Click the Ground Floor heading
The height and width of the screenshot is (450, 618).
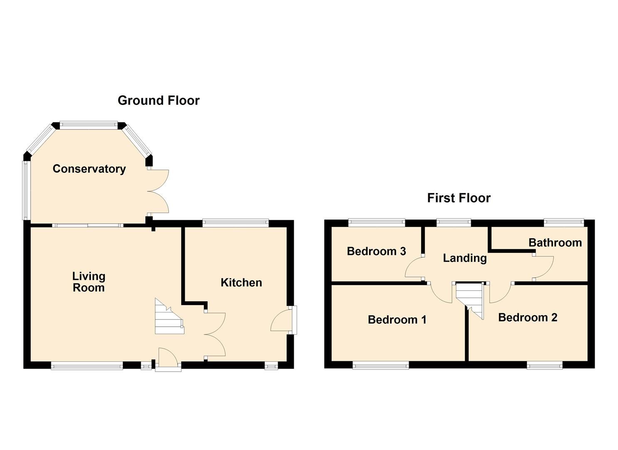(x=159, y=100)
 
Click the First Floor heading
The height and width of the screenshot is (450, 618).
(x=459, y=198)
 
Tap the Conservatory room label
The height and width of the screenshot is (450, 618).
(x=89, y=169)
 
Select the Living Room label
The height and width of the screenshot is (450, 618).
(x=89, y=282)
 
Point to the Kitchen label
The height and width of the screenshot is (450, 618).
(x=241, y=282)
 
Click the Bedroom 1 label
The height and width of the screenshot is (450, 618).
(x=397, y=320)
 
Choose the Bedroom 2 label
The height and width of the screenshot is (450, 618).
(x=527, y=317)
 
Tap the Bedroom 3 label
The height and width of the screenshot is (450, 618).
(x=376, y=251)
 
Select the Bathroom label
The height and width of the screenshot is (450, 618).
(x=555, y=242)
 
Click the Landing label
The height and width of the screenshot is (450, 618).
(x=464, y=258)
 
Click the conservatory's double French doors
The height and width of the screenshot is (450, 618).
(x=159, y=192)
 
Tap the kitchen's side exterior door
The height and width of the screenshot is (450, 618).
(x=282, y=320)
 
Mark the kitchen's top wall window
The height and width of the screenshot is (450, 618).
(x=235, y=223)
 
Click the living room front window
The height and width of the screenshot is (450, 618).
(x=87, y=366)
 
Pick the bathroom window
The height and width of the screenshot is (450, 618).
(x=564, y=223)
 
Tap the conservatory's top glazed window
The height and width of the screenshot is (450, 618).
(x=88, y=124)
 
